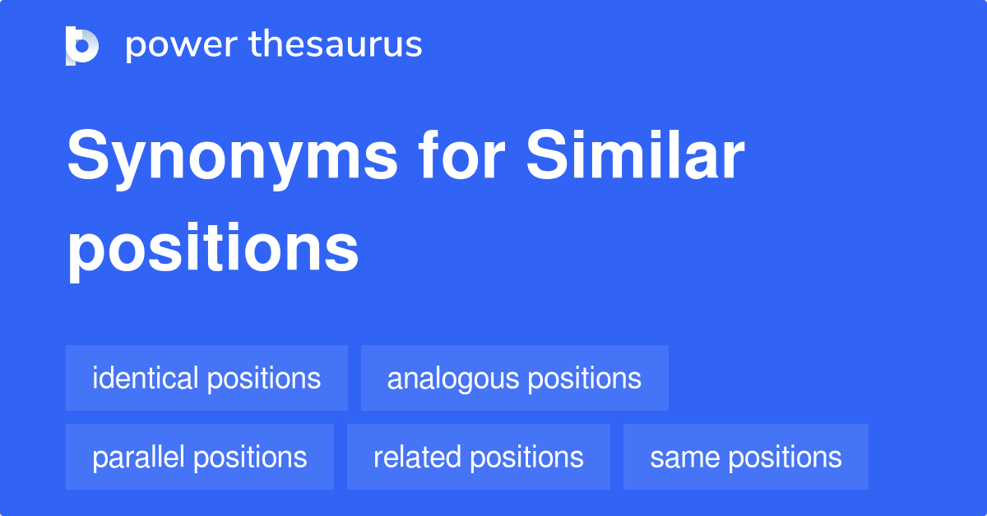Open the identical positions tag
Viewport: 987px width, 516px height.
tap(206, 378)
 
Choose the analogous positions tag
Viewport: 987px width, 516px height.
tap(514, 378)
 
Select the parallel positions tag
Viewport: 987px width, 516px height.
tap(200, 457)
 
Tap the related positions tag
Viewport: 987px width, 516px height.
tap(478, 457)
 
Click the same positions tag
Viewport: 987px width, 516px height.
tap(745, 457)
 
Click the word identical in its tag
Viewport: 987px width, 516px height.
tap(146, 378)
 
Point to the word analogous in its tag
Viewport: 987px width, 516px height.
tap(453, 379)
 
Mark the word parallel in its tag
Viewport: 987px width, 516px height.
tap(139, 457)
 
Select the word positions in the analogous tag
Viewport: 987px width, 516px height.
tap(584, 379)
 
